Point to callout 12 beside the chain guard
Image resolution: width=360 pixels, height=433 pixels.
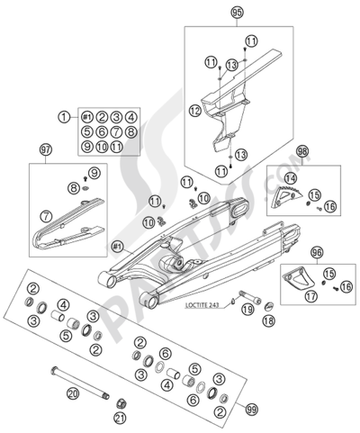click(194, 111)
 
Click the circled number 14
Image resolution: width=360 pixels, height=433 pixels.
click(290, 179)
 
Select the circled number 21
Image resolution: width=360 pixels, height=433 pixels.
click(121, 419)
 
